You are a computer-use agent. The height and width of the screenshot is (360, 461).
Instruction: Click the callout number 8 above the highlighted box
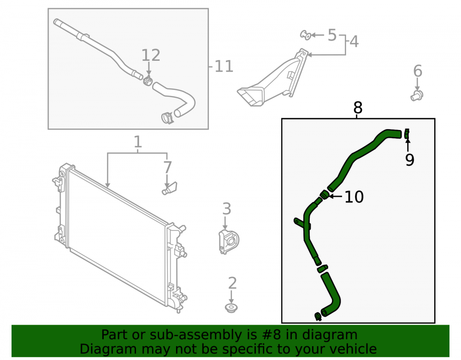point(358,108)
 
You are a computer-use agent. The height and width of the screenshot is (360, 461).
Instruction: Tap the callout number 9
point(409,159)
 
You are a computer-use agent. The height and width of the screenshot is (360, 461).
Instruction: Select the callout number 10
point(354,197)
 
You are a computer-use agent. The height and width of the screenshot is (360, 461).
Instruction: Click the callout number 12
point(151,55)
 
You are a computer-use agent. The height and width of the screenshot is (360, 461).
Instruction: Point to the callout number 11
point(224,66)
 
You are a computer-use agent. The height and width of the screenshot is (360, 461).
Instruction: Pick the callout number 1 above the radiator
point(138,142)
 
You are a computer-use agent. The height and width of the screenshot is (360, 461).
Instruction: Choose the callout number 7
point(167,167)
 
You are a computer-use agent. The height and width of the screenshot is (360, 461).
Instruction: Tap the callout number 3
point(227,209)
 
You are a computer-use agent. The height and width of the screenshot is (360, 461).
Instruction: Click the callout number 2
point(232,283)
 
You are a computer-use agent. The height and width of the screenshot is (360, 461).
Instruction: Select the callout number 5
point(332,35)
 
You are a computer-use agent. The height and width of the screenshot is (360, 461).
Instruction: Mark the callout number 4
point(354,41)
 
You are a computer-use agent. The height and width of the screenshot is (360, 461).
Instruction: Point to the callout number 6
point(418,71)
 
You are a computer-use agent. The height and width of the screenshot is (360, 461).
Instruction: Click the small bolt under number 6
point(417,96)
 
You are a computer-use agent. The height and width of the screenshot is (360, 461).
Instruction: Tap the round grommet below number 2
point(231,308)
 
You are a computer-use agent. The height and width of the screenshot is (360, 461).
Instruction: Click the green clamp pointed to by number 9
point(407,133)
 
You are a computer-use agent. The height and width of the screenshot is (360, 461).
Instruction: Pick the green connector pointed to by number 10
point(325,194)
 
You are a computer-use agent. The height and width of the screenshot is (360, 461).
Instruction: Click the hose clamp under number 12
point(148,80)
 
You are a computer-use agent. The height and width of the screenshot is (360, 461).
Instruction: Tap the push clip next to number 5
point(306,35)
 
